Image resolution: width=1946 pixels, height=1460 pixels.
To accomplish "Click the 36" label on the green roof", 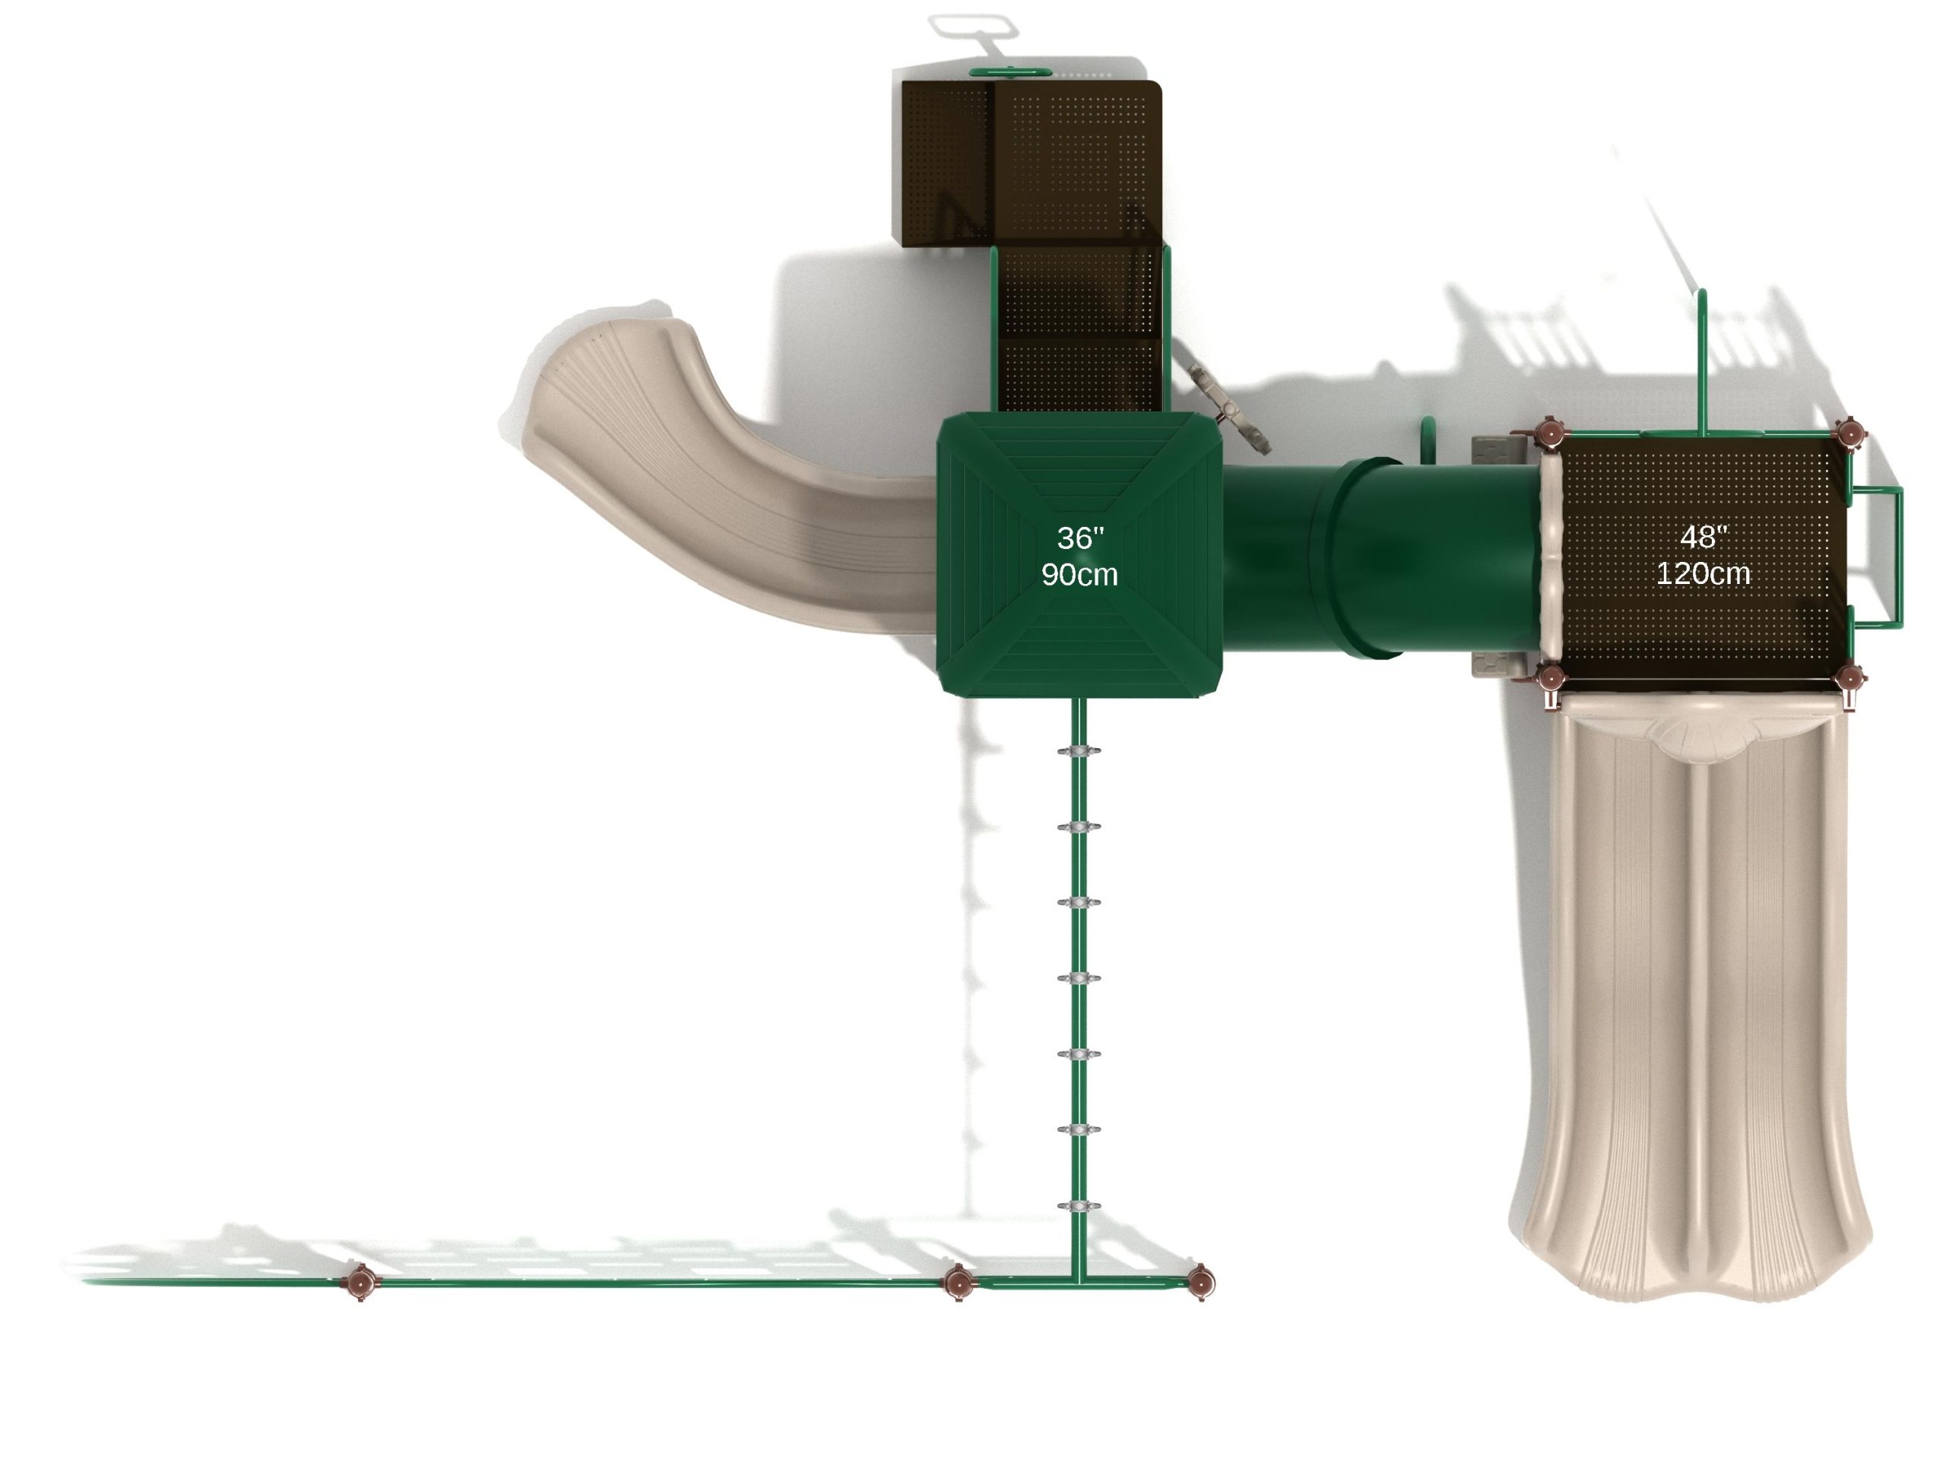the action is click(x=1080, y=538).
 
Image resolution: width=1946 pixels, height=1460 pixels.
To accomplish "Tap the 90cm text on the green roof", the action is click(x=1079, y=575).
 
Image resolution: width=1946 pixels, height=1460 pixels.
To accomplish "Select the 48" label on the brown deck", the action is click(x=1704, y=537).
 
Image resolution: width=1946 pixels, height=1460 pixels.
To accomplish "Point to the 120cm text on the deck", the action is click(x=1704, y=574).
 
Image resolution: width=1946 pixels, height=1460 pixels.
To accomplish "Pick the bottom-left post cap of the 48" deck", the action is click(x=1549, y=677).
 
